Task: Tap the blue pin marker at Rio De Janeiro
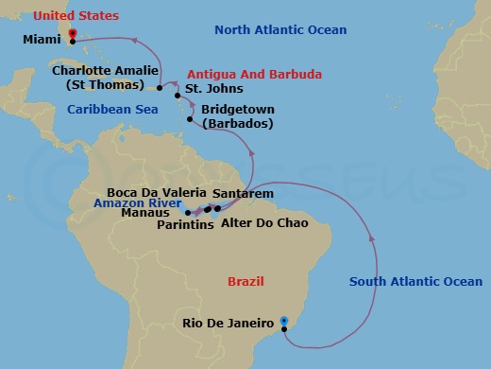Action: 284,323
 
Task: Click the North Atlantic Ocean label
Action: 280,30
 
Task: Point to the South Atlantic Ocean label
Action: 415,281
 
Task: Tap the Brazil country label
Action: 245,281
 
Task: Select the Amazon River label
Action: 137,202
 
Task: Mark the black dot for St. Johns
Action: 177,93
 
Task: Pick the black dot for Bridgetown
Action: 191,120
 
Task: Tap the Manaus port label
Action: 148,213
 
